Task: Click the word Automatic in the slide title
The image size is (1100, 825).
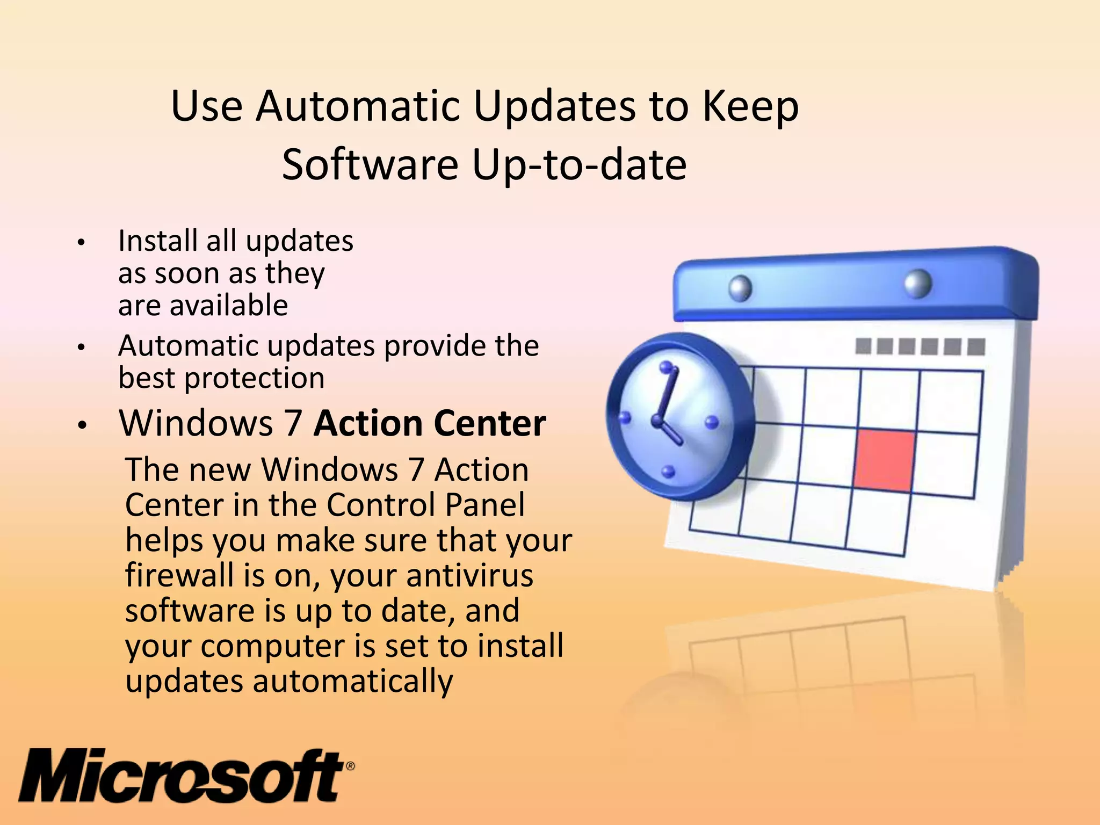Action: [358, 106]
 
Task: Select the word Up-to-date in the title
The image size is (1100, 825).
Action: [579, 165]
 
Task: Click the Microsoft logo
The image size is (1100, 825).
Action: [183, 775]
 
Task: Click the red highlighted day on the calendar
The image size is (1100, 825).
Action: [884, 460]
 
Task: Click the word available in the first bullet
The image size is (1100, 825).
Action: [230, 306]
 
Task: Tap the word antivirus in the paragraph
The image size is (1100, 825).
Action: [469, 575]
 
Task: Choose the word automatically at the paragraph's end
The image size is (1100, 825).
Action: [353, 682]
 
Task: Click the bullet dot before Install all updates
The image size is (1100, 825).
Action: [81, 242]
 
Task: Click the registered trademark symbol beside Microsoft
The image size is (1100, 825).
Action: [350, 766]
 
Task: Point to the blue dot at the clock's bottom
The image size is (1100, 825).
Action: [668, 472]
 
